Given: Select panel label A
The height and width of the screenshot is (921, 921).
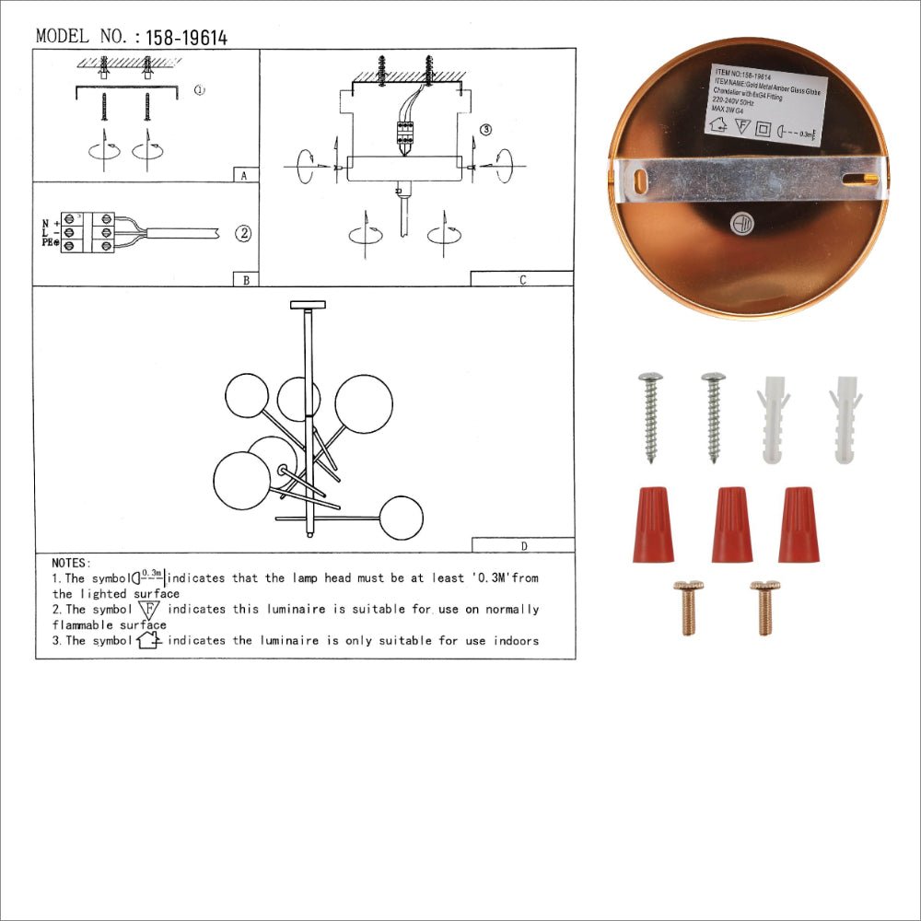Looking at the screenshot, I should coord(242,176).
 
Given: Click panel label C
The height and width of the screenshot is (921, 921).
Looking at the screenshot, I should coord(522,280).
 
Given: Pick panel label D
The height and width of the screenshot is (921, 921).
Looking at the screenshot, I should coord(523,545).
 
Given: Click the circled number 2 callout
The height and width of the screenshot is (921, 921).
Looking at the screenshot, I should coord(242,233).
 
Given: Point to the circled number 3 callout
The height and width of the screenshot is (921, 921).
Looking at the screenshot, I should coord(486,130).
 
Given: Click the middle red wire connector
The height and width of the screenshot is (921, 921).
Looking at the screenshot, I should coord(731,524).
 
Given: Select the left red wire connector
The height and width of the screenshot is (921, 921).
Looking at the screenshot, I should coord(653,524).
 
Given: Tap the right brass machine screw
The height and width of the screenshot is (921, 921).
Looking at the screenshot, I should coord(764,607).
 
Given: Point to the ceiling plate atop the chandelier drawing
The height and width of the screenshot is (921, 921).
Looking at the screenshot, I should coord(308,304).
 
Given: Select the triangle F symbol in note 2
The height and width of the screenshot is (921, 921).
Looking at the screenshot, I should coord(148,610).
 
